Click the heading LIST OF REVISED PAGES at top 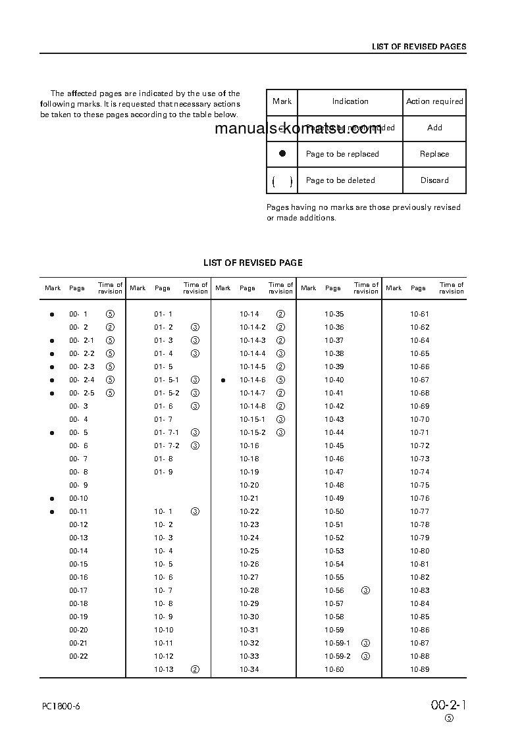tap(419, 47)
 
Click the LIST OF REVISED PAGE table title tap(253, 263)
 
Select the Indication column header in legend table tap(350, 101)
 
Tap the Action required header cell tap(434, 101)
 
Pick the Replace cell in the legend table tap(434, 154)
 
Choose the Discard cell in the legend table tap(434, 180)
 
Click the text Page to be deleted tap(340, 180)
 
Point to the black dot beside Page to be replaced tap(282, 153)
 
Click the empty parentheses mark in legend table tap(282, 181)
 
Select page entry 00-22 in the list tap(78, 656)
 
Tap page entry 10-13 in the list tap(164, 669)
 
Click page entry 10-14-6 tap(253, 380)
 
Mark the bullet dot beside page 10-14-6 tap(223, 380)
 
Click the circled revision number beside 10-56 tap(366, 590)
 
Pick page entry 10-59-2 tap(338, 656)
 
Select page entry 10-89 tap(419, 669)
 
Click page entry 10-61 tap(419, 314)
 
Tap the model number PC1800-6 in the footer tap(61, 706)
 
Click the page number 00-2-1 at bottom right tap(449, 705)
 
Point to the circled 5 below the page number tap(449, 719)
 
